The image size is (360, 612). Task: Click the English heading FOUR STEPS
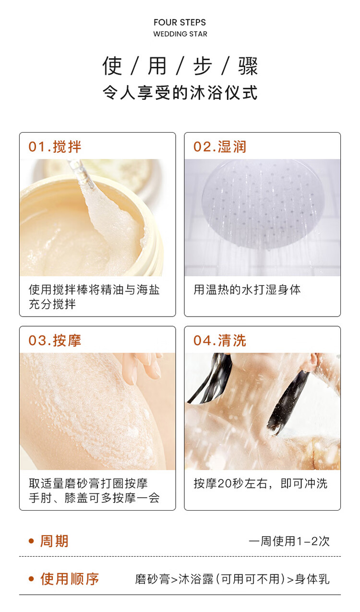pyautogui.click(x=180, y=23)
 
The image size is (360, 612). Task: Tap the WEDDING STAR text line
pyautogui.click(x=180, y=34)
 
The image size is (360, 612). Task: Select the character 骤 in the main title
pyautogui.click(x=248, y=66)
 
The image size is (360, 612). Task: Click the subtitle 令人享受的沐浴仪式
pyautogui.click(x=180, y=93)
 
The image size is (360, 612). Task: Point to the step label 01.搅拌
pyautogui.click(x=55, y=147)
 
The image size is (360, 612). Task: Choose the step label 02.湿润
pyautogui.click(x=220, y=147)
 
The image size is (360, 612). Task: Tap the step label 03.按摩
pyautogui.click(x=55, y=341)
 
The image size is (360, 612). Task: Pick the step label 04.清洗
pyautogui.click(x=220, y=341)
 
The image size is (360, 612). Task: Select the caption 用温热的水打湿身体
pyautogui.click(x=247, y=290)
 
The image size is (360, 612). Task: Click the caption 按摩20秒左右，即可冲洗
pyautogui.click(x=260, y=484)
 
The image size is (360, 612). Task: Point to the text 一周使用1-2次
pyautogui.click(x=289, y=541)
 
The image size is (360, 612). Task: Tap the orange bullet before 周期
pyautogui.click(x=31, y=541)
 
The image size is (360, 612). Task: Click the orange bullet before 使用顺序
pyautogui.click(x=31, y=579)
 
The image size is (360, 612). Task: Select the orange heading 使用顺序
pyautogui.click(x=70, y=579)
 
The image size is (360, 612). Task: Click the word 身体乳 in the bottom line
pyautogui.click(x=312, y=579)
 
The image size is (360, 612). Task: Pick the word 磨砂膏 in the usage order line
pyautogui.click(x=153, y=579)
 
